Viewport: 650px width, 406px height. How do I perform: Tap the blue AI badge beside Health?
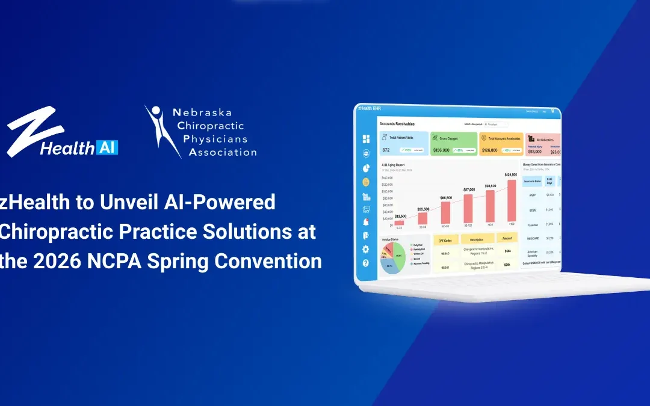pyautogui.click(x=107, y=147)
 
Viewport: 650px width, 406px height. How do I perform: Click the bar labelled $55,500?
pyautogui.click(x=423, y=218)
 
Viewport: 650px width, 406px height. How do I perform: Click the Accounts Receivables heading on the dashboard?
pyautogui.click(x=397, y=124)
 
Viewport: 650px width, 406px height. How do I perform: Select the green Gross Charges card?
pyautogui.click(x=454, y=144)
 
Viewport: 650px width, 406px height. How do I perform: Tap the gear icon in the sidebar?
pyautogui.click(x=365, y=249)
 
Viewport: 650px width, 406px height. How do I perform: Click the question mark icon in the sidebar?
pyautogui.click(x=365, y=263)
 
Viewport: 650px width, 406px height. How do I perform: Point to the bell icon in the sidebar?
pyautogui.click(x=365, y=223)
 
